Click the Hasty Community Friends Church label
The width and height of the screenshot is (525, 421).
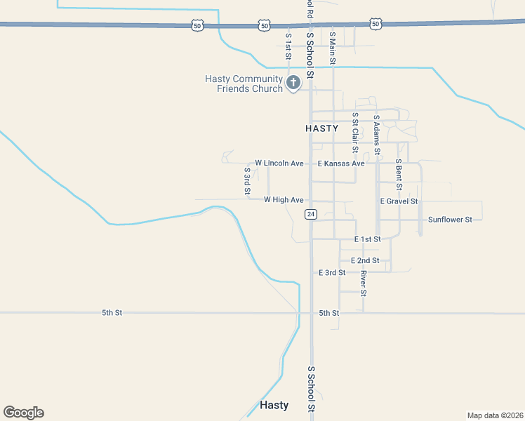pyautogui.click(x=244, y=83)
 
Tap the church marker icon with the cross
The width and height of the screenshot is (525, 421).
pyautogui.click(x=293, y=83)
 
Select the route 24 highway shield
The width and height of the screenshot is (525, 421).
pyautogui.click(x=311, y=214)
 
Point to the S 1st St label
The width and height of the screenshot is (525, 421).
pyautogui.click(x=288, y=46)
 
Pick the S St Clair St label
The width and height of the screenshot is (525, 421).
pyautogui.click(x=355, y=132)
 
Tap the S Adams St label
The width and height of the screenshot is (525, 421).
pyautogui.click(x=377, y=135)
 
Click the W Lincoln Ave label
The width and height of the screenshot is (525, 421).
pyautogui.click(x=279, y=163)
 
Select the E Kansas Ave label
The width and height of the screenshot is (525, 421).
pyautogui.click(x=341, y=163)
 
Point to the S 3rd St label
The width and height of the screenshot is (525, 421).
pyautogui.click(x=247, y=180)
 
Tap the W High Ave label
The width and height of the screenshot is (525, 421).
pyautogui.click(x=284, y=200)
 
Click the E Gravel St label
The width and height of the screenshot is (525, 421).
pyautogui.click(x=399, y=201)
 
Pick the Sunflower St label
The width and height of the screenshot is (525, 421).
pyautogui.click(x=450, y=220)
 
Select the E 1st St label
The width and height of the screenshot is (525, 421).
pyautogui.click(x=367, y=239)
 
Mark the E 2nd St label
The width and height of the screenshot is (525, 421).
pyautogui.click(x=365, y=260)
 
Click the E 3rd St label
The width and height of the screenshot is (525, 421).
pyautogui.click(x=332, y=272)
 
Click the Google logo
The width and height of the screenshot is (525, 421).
pyautogui.click(x=23, y=413)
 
